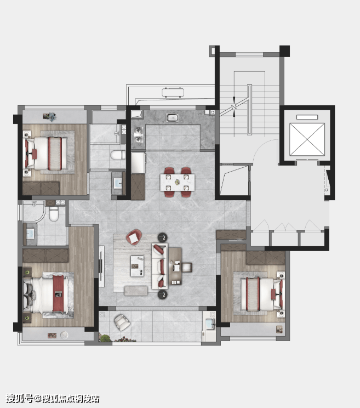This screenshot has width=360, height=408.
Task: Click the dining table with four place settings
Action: [x=178, y=182]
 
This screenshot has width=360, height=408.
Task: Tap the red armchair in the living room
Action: [x=134, y=237]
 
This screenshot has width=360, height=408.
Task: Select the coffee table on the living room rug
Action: [x=137, y=266]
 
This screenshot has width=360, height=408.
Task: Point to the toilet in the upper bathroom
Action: [x=118, y=155]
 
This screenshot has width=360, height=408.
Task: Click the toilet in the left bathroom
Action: [x=54, y=214]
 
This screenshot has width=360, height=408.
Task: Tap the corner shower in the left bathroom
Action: [x=34, y=212]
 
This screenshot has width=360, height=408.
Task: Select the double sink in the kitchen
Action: [x=139, y=134]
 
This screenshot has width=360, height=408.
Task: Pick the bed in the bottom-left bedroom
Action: [x=46, y=294]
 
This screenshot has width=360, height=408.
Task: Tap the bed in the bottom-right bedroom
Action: [x=262, y=294]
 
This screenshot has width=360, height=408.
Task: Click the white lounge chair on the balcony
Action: [x=122, y=322]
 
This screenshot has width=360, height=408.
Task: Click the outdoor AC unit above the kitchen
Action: [x=173, y=92]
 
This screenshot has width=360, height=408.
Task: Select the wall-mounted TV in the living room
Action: [x=100, y=266]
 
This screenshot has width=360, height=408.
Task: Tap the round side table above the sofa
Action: [x=163, y=237]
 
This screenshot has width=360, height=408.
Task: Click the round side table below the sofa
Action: [x=163, y=294]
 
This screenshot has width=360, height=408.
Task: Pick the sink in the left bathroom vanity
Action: [x=31, y=234]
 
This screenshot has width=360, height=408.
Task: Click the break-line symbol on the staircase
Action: [x=234, y=106]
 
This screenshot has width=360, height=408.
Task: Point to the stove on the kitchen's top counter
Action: [x=172, y=118]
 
